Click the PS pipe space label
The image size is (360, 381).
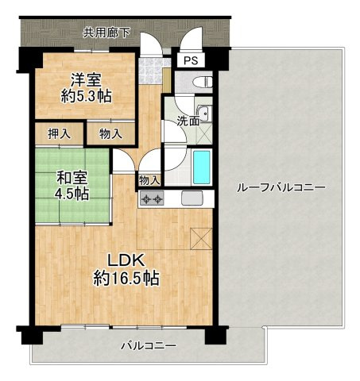[191, 60]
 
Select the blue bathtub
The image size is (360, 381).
[202, 167]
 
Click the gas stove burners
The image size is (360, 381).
[151, 198]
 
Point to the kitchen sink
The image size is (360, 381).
[192, 198]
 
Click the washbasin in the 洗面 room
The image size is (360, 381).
[204, 114]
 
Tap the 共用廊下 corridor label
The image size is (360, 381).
[106, 33]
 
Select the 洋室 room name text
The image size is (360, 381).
[86, 79]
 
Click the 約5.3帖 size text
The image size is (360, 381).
[86, 96]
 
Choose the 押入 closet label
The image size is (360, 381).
[60, 134]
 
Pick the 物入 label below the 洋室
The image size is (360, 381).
[110, 134]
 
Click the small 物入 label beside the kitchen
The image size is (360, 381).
[149, 181]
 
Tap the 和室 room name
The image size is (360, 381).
[72, 178]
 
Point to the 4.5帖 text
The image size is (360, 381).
[72, 194]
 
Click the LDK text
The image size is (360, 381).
[126, 261]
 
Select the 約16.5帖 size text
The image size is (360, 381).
[126, 279]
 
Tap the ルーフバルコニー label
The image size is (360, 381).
[281, 188]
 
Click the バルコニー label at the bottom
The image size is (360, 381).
[149, 346]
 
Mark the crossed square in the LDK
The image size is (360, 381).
[202, 239]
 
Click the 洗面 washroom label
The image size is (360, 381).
[188, 121]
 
